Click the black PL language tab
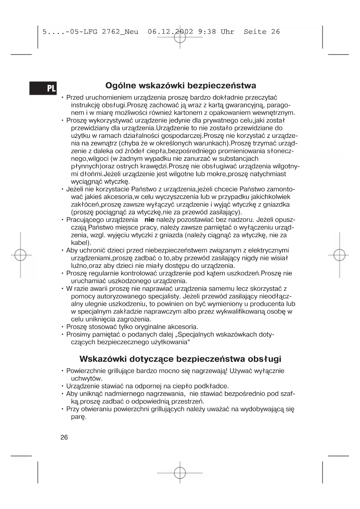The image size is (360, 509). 43,88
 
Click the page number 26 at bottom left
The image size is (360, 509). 64,437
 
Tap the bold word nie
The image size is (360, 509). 149,220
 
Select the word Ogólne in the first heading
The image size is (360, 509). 120,86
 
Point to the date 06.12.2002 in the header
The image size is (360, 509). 170,32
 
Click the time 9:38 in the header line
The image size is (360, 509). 207,32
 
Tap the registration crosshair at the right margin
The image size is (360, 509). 339,255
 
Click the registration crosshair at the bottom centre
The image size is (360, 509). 180,473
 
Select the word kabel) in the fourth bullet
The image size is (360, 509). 81,243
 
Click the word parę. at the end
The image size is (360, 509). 79,417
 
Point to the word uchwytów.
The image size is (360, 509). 87,378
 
